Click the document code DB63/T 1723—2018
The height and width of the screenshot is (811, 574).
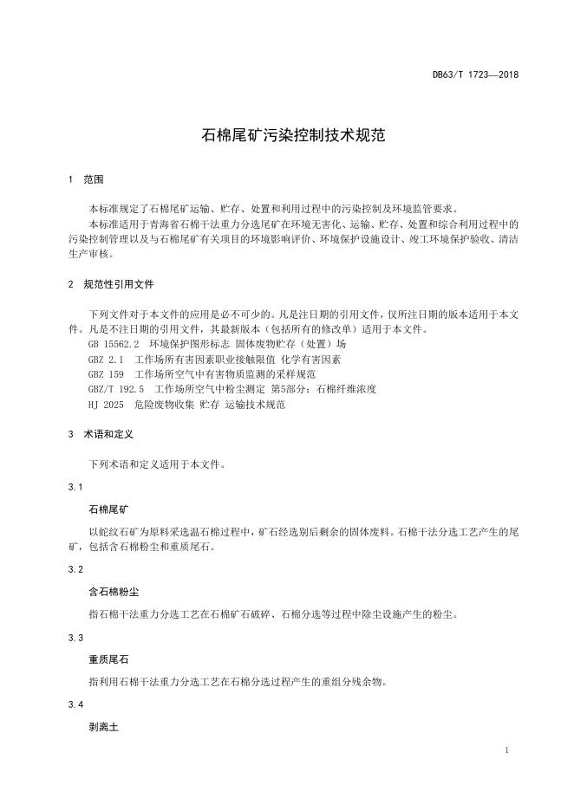tap(475, 75)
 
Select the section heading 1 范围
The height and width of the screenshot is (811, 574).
tap(85, 180)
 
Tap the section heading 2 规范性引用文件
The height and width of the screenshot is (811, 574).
tap(111, 284)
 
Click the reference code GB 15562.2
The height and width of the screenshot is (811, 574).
tap(114, 344)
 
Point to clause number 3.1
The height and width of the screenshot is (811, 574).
tap(75, 488)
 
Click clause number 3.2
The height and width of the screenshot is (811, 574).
tap(75, 569)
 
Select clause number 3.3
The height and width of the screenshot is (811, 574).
tap(75, 638)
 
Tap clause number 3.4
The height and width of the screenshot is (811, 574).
tap(75, 705)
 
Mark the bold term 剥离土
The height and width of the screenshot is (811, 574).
tap(103, 727)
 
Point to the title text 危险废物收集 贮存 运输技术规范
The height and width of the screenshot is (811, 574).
tap(210, 404)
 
